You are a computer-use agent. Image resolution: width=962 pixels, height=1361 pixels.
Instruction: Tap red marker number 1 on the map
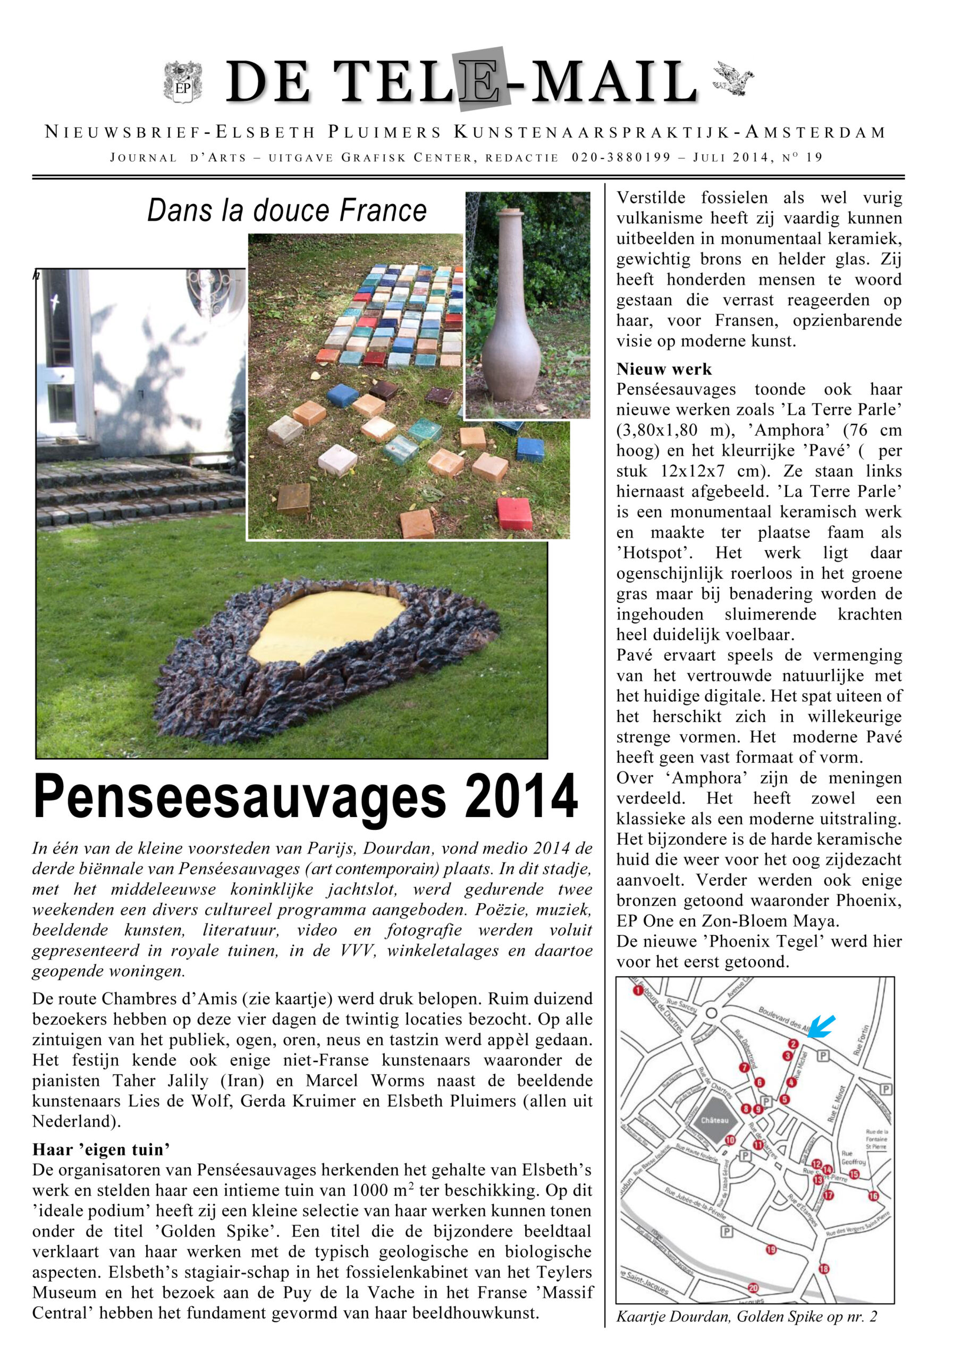pyautogui.click(x=638, y=990)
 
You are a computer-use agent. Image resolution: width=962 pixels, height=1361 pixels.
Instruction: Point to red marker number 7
pyautogui.click(x=744, y=1068)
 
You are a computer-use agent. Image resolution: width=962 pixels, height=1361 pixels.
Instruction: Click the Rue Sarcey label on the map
pyautogui.click(x=682, y=1005)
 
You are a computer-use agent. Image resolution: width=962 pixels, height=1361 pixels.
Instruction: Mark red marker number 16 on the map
pyautogui.click(x=873, y=1196)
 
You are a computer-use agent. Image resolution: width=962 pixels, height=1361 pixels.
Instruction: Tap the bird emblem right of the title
pyautogui.click(x=734, y=78)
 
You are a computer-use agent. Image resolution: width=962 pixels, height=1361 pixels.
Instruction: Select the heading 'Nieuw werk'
pyautogui.click(x=664, y=369)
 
